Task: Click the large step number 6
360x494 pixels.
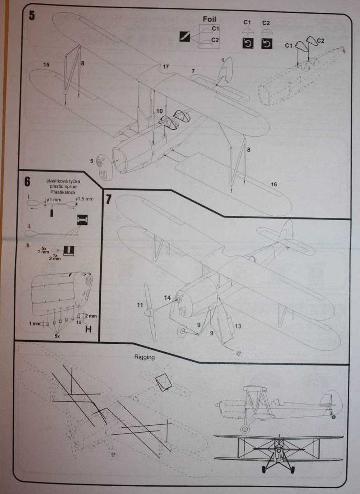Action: (x=28, y=181)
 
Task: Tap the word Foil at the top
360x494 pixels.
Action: (x=209, y=19)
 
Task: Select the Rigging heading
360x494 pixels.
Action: (x=145, y=357)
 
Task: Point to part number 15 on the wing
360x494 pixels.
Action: (x=46, y=65)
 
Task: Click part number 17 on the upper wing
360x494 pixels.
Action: (x=165, y=66)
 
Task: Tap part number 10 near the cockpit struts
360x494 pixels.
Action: (x=159, y=111)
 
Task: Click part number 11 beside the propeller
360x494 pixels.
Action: (x=139, y=305)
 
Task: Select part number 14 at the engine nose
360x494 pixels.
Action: (x=167, y=297)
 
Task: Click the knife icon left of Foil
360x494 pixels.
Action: (x=185, y=36)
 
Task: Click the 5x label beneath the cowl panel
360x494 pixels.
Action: (x=60, y=336)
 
